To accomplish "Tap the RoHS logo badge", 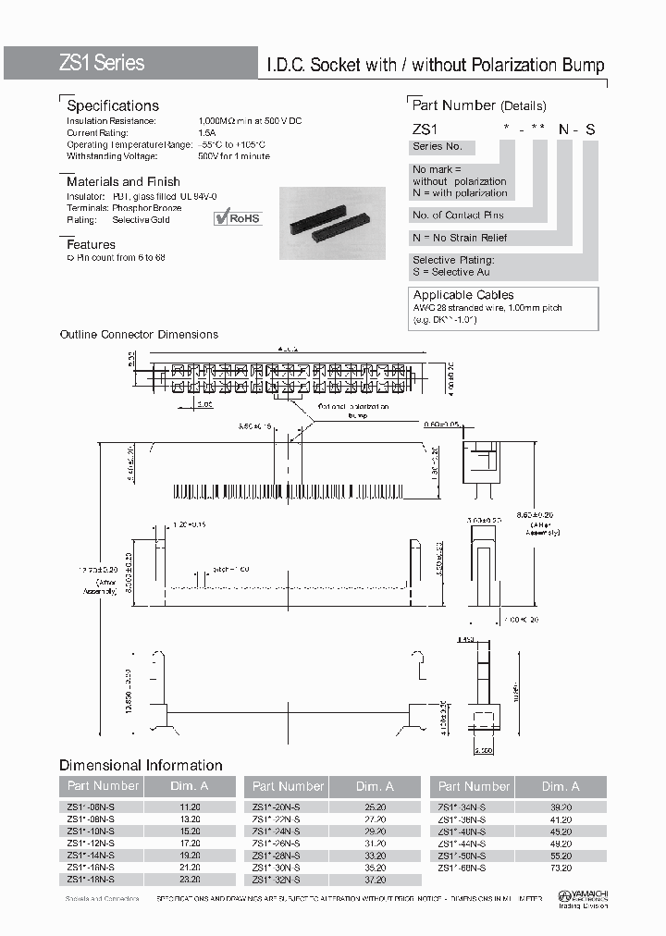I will click(x=238, y=218).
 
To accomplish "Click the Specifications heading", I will click(x=113, y=105).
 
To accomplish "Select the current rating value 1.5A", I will click(x=208, y=133).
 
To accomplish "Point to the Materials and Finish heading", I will click(x=123, y=181).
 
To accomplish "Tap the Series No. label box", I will click(x=442, y=147).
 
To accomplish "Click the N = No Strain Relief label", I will click(x=460, y=238).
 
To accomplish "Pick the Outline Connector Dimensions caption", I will click(x=139, y=335).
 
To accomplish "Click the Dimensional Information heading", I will click(x=141, y=765).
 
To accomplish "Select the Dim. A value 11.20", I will click(x=189, y=807).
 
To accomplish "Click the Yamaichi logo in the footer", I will click(x=582, y=896).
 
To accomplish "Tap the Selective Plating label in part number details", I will click(x=453, y=261).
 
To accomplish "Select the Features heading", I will click(x=91, y=244).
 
